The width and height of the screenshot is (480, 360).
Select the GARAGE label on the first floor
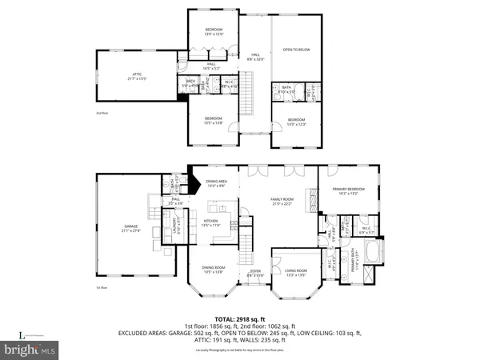coord(130,226)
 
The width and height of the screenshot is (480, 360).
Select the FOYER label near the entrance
coord(255,271)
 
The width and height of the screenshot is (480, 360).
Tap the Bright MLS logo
coord(37,350)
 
